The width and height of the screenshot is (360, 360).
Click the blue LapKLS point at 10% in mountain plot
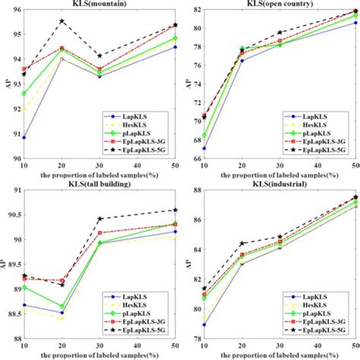click(x=24, y=137)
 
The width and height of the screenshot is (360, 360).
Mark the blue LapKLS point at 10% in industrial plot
click(x=204, y=324)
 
